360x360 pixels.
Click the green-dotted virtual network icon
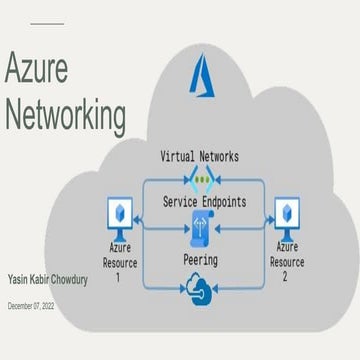coord(204,181)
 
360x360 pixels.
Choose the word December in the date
coord(21,307)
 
